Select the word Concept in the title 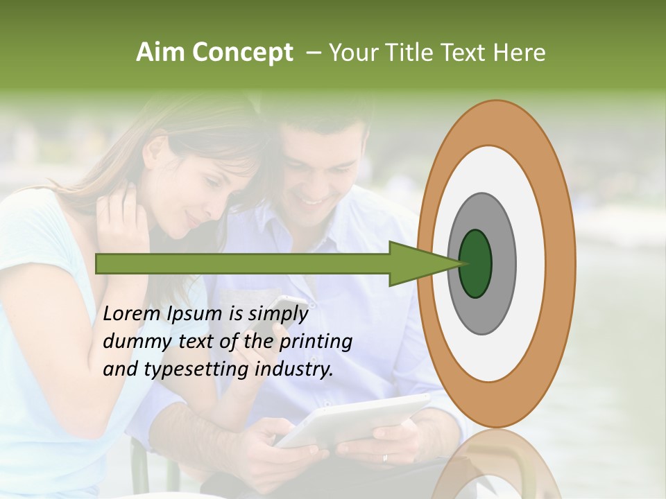point(242,53)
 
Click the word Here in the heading point(520,53)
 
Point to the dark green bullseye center point(476,264)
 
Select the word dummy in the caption point(131,342)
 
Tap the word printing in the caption point(316,342)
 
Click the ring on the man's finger point(386,458)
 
